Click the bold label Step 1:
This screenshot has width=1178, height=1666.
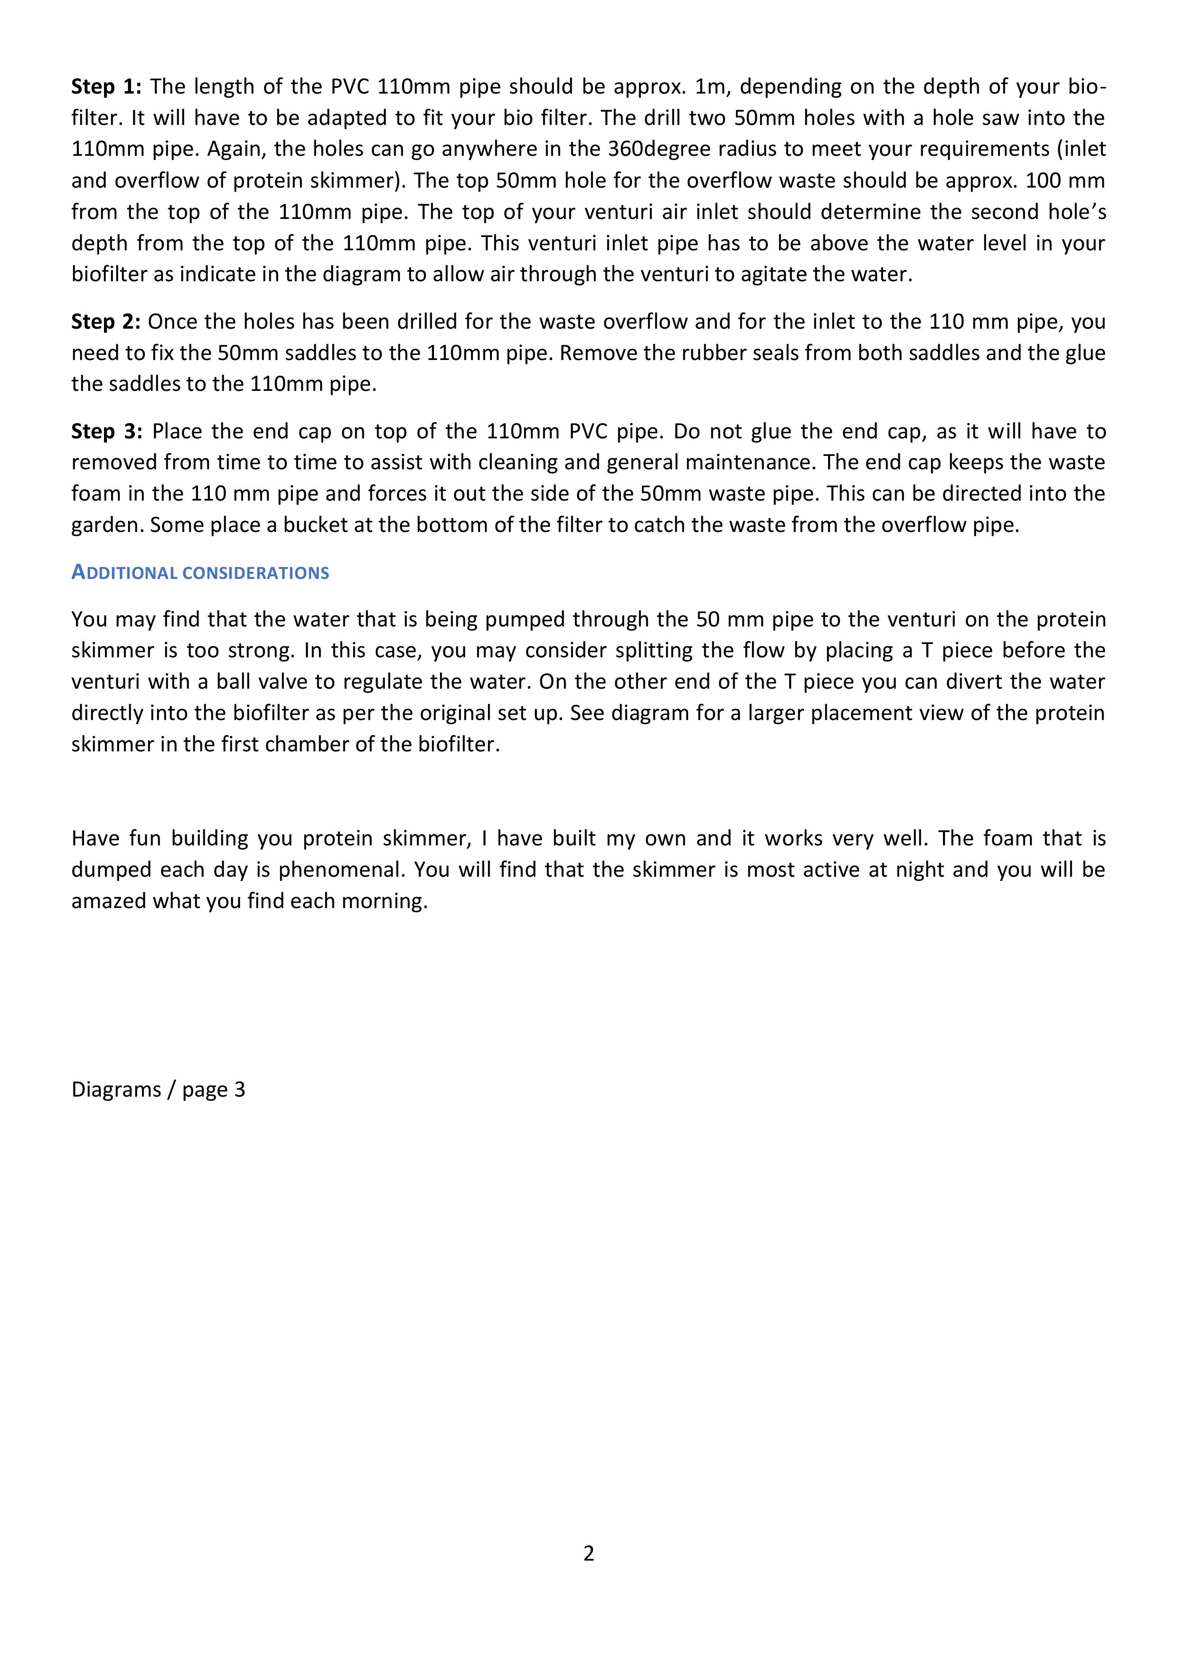point(107,87)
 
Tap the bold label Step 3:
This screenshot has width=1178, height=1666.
point(107,432)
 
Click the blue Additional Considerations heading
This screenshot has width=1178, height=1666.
point(200,573)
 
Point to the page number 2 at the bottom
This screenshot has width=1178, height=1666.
point(588,1553)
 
